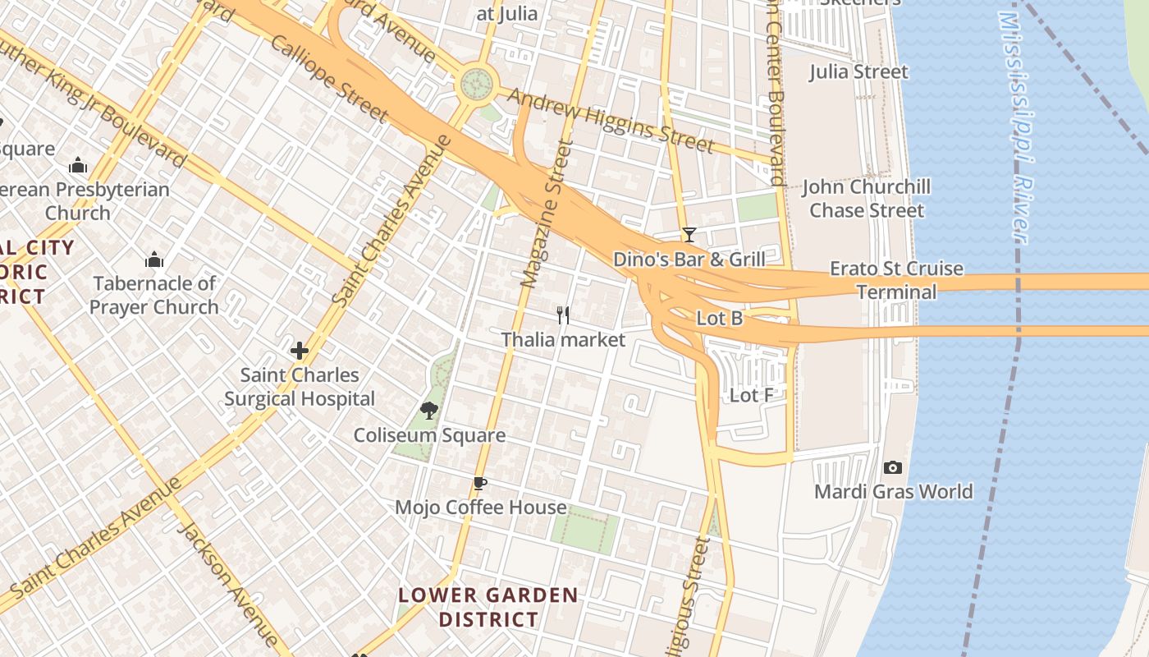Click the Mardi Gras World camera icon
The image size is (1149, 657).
[x=893, y=467]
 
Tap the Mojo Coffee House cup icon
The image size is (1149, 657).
[x=480, y=484]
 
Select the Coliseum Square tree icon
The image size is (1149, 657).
[x=428, y=410]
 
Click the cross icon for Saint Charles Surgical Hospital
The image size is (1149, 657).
[x=300, y=351]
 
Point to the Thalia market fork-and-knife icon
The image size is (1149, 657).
[x=563, y=315]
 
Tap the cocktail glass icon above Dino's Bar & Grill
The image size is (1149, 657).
[x=689, y=235]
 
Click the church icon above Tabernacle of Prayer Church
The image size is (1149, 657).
[x=154, y=260]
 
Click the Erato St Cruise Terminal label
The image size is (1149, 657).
[x=896, y=280]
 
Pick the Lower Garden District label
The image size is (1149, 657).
[x=488, y=607]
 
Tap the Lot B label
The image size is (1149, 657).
[x=720, y=318]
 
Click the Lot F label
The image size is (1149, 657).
[x=752, y=395]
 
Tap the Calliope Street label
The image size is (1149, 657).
[x=327, y=78]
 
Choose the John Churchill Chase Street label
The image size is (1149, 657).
[x=866, y=199]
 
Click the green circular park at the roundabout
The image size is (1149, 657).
[x=477, y=83]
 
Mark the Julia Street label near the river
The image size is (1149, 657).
[x=858, y=72]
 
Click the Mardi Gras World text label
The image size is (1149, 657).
[x=893, y=492]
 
